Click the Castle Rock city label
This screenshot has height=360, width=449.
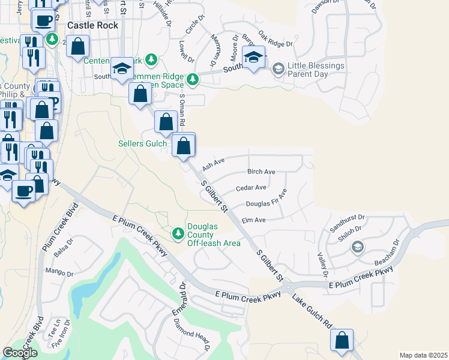tap(92, 26)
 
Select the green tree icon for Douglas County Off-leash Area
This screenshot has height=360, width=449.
tap(177, 233)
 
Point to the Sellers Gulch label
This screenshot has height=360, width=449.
tap(142, 143)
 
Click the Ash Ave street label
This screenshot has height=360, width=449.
tap(213, 164)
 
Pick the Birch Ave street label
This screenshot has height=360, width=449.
tap(261, 172)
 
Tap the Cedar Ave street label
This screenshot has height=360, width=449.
tap(251, 188)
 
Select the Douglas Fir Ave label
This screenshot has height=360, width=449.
tap(267, 199)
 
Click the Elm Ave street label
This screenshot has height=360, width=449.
tap(253, 220)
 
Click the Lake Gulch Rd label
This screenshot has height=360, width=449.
tap(312, 311)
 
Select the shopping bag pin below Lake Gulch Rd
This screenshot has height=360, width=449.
tap(342, 340)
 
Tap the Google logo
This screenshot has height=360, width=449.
tap(20, 353)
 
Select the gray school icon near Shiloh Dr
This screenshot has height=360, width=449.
tap(357, 247)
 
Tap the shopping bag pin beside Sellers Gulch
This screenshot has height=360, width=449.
tap(184, 145)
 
